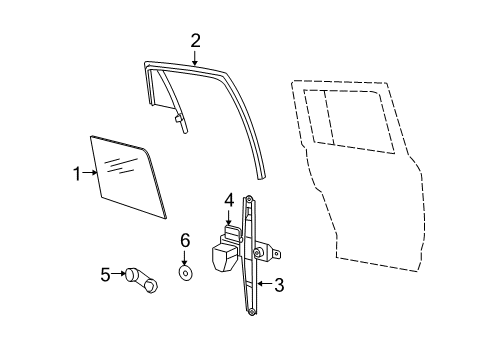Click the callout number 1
76,175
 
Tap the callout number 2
196,40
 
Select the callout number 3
279,285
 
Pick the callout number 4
229,200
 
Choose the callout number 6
185,240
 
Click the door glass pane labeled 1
127,180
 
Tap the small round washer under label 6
185,271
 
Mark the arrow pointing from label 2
196,57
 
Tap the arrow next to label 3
262,285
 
